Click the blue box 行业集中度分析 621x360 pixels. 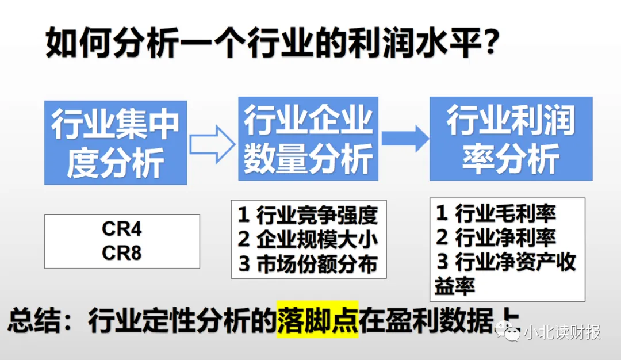click(x=116, y=143)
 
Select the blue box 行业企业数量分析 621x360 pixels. click(x=308, y=139)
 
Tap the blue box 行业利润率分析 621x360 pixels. click(x=511, y=139)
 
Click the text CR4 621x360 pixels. click(x=122, y=229)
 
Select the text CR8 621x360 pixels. click(x=122, y=253)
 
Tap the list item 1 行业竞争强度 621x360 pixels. click(x=308, y=215)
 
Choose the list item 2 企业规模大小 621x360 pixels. click(x=308, y=239)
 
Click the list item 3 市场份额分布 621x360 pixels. click(x=308, y=263)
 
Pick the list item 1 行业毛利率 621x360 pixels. click(x=496, y=214)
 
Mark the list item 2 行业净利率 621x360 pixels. click(x=496, y=238)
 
